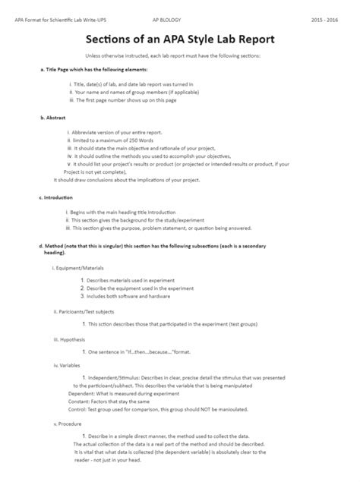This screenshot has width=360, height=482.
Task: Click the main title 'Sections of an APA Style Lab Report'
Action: pyautogui.click(x=180, y=39)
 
